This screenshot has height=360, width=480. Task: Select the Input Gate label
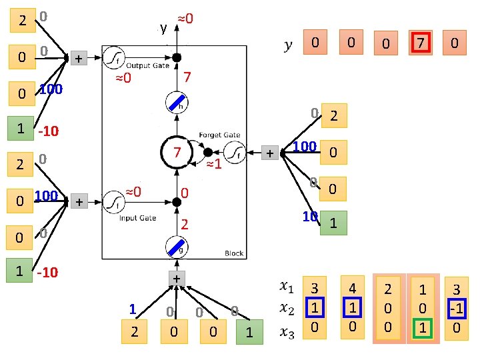pyautogui.click(x=138, y=218)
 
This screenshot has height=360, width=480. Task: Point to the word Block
pyautogui.click(x=234, y=253)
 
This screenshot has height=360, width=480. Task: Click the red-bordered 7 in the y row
pyautogui.click(x=420, y=43)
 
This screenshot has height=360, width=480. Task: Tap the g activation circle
pyautogui.click(x=177, y=248)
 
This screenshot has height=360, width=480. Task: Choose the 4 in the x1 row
pyautogui.click(x=351, y=289)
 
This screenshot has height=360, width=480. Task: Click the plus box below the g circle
pyautogui.click(x=177, y=278)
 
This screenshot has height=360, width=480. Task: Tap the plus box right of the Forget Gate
pyautogui.click(x=270, y=153)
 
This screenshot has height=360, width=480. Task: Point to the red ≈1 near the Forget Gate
pyautogui.click(x=213, y=165)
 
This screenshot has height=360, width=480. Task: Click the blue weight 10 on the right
pyautogui.click(x=309, y=216)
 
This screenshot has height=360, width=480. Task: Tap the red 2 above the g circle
pyautogui.click(x=187, y=225)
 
